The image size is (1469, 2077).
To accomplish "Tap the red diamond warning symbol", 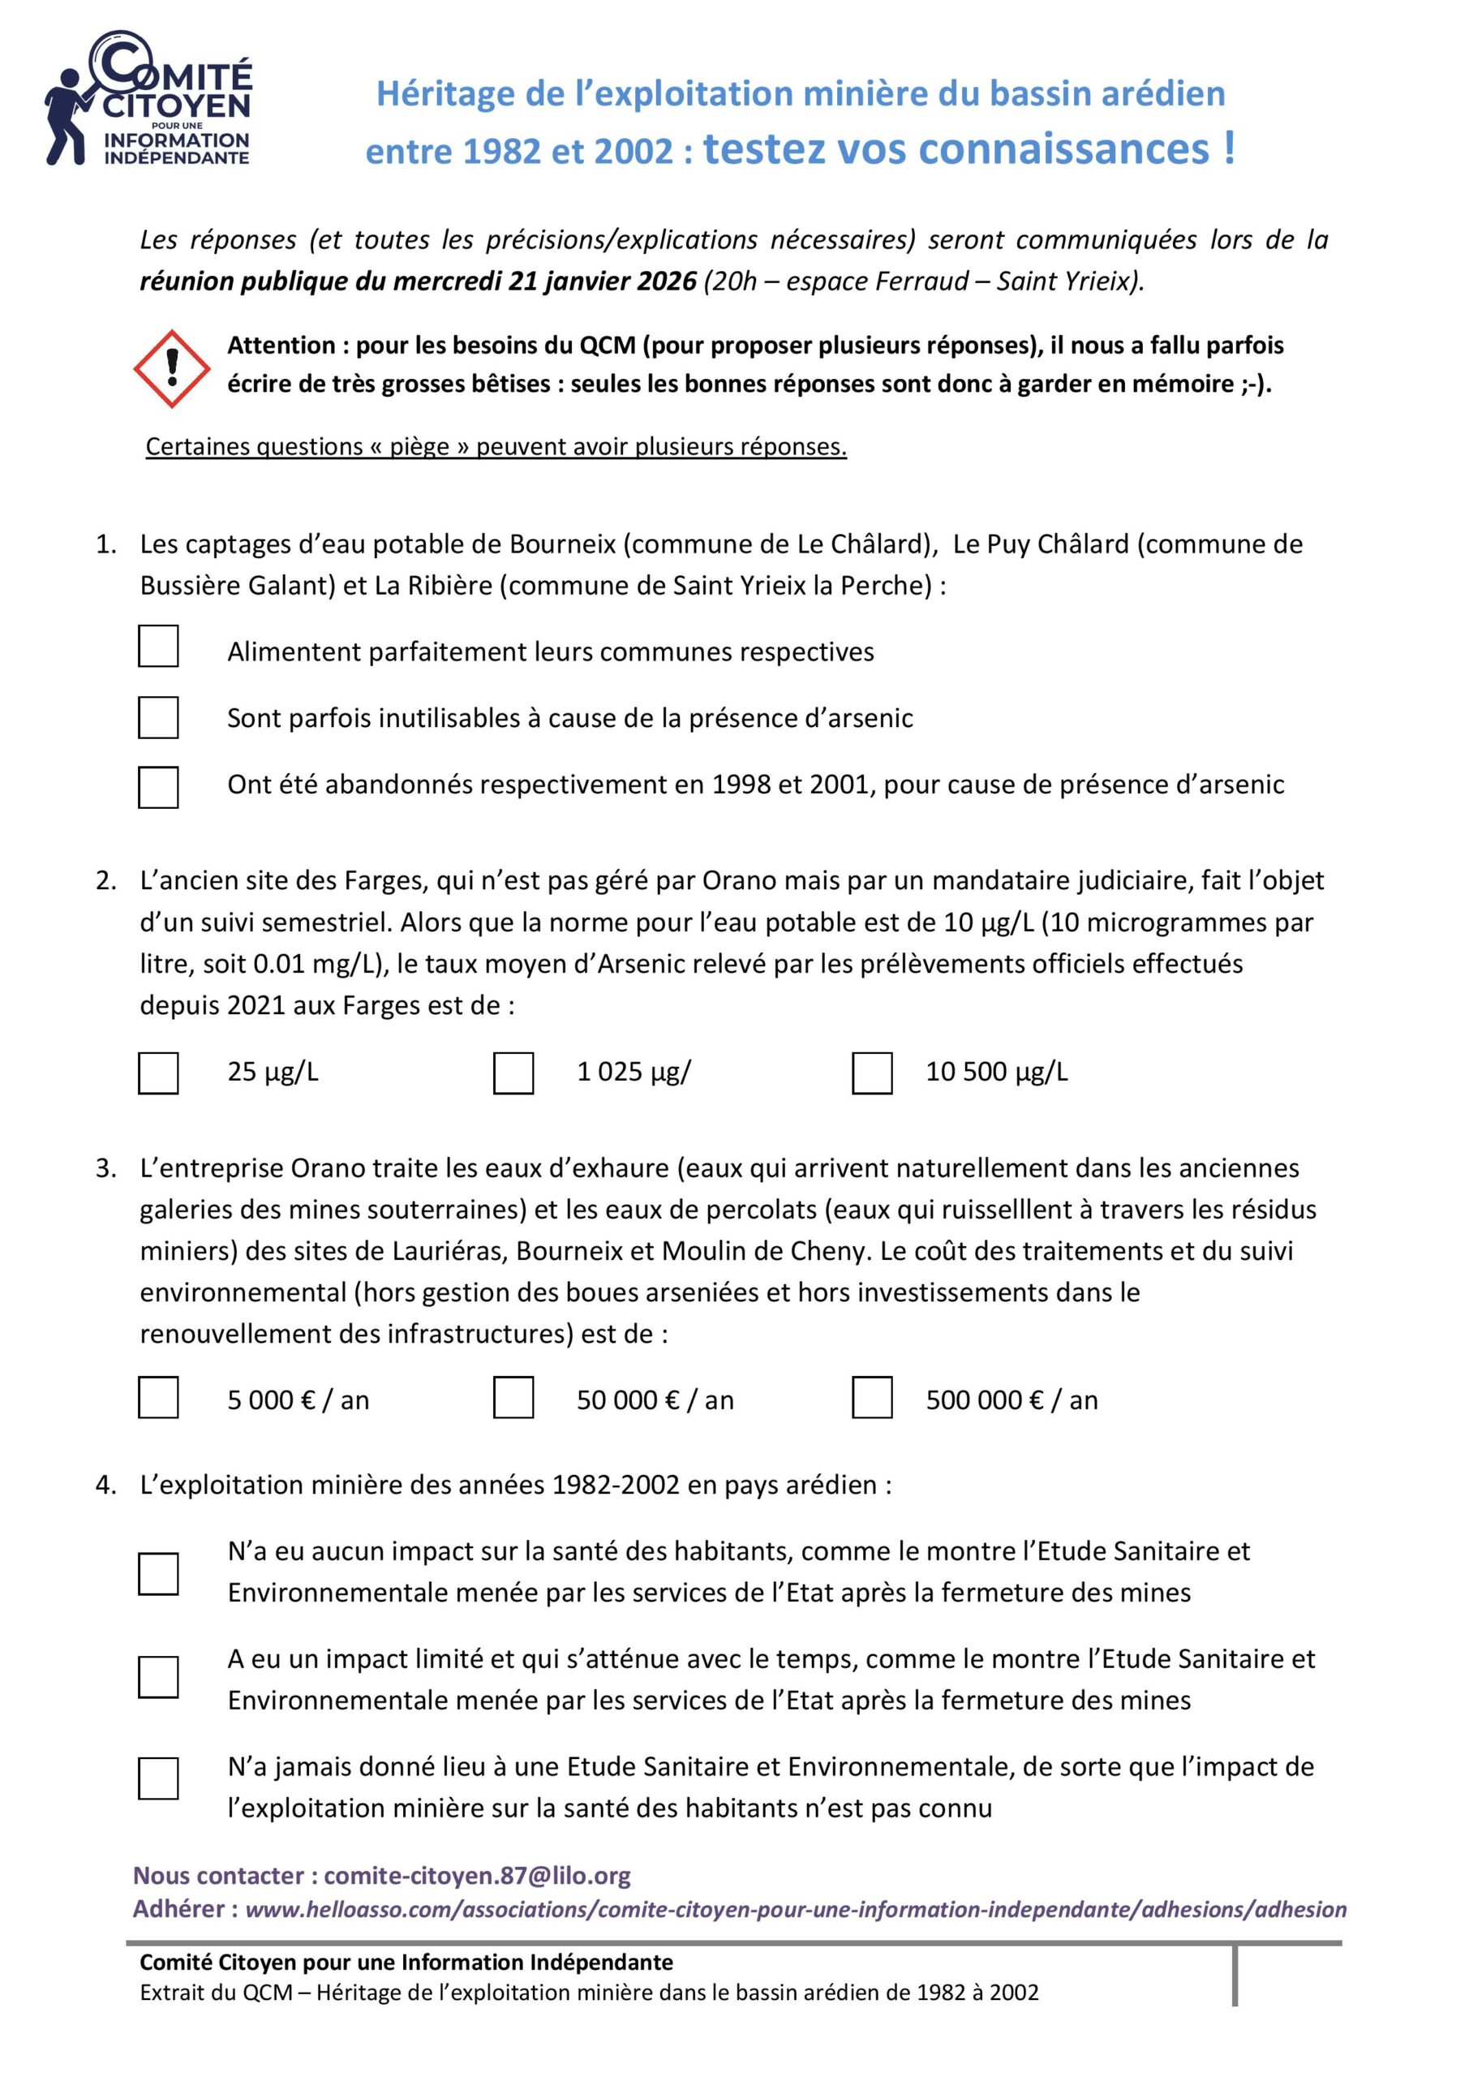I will [172, 368].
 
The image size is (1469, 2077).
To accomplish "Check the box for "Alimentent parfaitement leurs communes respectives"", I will [158, 646].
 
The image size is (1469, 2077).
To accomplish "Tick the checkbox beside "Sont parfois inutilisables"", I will [158, 716].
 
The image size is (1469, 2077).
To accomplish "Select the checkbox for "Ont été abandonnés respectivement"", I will [158, 787].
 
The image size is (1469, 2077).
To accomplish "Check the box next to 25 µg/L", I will [158, 1073].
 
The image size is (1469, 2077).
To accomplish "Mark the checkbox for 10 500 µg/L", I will [872, 1073].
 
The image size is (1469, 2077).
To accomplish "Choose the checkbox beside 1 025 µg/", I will [513, 1073].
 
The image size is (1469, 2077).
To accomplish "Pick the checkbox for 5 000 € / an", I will [158, 1397].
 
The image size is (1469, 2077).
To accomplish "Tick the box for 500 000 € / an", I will [872, 1397].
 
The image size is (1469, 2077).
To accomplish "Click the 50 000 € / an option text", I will [655, 1400].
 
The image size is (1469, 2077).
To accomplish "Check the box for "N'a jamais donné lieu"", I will [158, 1778].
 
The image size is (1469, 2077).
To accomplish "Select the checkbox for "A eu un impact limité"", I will [158, 1677].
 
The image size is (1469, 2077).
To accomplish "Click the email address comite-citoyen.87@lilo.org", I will [477, 1875].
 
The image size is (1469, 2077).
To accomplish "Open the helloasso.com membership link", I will [795, 1910].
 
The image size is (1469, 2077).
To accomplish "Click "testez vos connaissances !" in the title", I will [969, 148].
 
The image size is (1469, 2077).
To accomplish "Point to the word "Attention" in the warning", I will [281, 345].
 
